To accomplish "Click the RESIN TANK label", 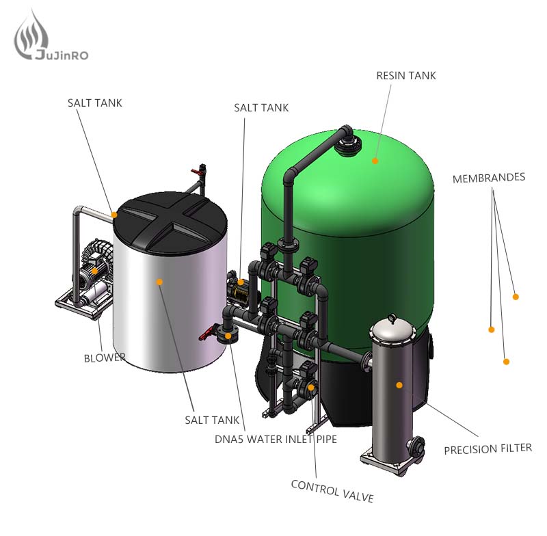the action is pos(406,76).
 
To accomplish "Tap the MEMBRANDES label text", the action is pos(489,178).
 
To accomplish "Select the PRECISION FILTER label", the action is pos(488,448).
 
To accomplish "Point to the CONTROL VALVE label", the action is pos(332,491).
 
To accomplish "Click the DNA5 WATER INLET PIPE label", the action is pos(276,439).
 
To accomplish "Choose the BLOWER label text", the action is pos(105,358).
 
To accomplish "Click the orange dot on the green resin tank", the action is pos(375,161).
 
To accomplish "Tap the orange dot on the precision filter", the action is pos(399,385).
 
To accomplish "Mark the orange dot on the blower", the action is pos(94,271).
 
